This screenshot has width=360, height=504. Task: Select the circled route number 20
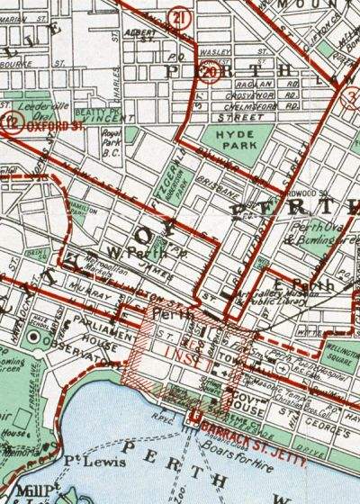click(211, 72)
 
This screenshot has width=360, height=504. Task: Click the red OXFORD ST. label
click(48, 126)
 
